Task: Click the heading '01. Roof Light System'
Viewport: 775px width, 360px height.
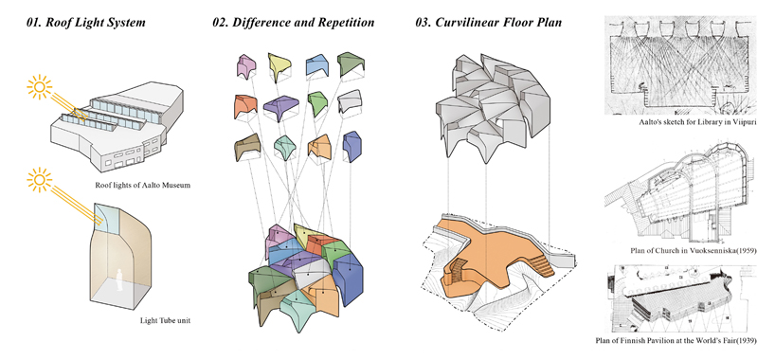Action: pos(86,22)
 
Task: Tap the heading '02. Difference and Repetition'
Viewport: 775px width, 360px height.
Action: pos(293,22)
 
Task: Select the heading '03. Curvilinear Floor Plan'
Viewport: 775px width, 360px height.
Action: pos(488,22)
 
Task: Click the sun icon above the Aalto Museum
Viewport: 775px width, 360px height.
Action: pos(40,87)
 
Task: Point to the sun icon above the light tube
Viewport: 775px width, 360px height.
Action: pos(40,181)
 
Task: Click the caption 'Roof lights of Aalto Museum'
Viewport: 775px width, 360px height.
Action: pos(143,186)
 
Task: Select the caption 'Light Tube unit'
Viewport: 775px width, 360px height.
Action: pos(165,321)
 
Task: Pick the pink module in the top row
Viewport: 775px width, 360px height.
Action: pos(245,66)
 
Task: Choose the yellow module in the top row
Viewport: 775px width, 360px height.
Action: pos(279,66)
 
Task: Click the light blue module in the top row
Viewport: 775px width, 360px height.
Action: pos(316,65)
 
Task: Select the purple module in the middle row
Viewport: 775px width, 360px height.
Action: pos(280,107)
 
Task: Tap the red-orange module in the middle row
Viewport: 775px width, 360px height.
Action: pos(243,106)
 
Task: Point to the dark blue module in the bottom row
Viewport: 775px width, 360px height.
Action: pos(351,147)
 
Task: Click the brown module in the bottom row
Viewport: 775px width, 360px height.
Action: pos(247,148)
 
